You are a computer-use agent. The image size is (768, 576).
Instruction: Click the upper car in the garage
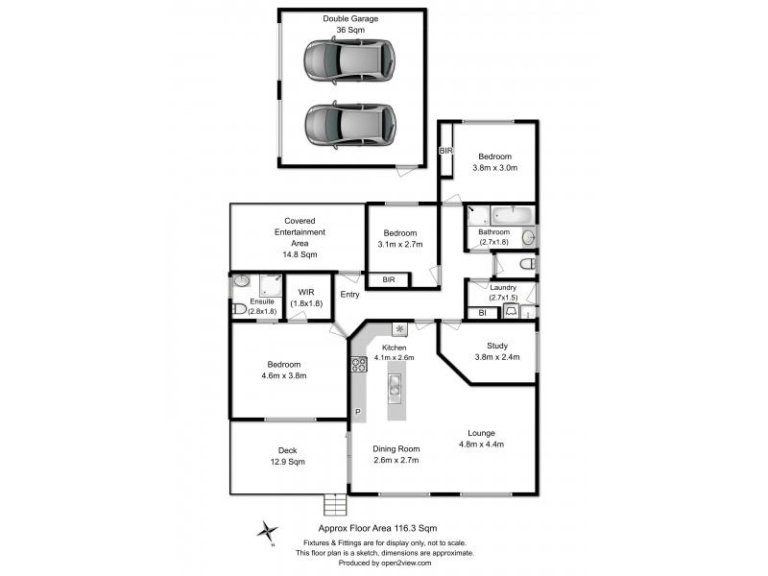(349, 62)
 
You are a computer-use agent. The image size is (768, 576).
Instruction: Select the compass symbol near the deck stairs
(269, 530)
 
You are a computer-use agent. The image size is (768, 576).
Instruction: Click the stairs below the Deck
(335, 504)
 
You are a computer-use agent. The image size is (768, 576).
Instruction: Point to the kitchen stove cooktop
(359, 364)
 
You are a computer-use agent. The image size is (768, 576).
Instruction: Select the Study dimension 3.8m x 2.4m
(496, 357)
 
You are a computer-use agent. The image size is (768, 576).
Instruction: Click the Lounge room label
(481, 432)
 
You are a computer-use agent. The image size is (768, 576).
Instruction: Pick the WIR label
(307, 292)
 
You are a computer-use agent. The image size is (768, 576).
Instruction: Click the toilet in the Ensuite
(240, 309)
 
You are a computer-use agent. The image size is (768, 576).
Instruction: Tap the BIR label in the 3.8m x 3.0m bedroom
(445, 152)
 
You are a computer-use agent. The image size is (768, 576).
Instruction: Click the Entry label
(349, 295)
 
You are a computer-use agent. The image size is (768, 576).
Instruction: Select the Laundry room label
(503, 287)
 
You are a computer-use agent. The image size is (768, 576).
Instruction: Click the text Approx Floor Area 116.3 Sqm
(377, 528)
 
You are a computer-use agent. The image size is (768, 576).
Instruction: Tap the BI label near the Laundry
(482, 312)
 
